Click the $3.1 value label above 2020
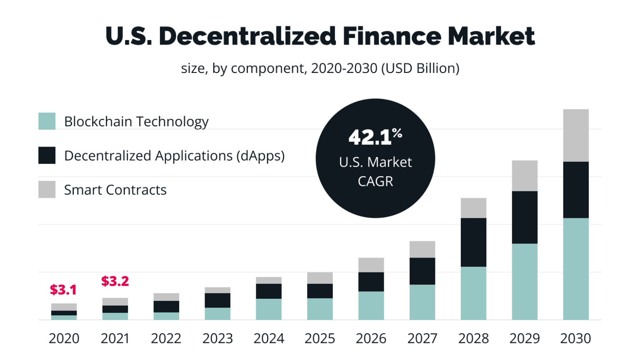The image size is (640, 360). click(63, 290)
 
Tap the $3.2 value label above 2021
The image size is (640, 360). click(115, 281)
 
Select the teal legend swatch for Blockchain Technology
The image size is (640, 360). click(47, 121)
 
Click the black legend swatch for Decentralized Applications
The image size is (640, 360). click(47, 155)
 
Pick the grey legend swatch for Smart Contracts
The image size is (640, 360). click(47, 190)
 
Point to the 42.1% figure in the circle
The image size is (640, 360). click(375, 137)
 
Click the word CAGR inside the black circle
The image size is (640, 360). click(375, 182)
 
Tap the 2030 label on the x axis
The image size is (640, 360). click(575, 338)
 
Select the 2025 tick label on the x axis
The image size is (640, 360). click(320, 338)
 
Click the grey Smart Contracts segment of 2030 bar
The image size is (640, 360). click(575, 135)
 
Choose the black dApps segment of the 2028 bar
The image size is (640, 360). click(473, 242)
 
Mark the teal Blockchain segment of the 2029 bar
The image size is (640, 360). click(524, 282)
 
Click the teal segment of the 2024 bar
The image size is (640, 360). click(268, 309)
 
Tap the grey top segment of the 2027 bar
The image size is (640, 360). click(422, 249)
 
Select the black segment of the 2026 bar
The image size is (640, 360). click(371, 282)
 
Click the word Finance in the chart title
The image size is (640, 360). click(392, 36)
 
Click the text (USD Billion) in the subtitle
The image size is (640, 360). click(420, 68)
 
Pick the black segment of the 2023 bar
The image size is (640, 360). click(217, 300)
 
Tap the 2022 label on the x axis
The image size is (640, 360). click(166, 338)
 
